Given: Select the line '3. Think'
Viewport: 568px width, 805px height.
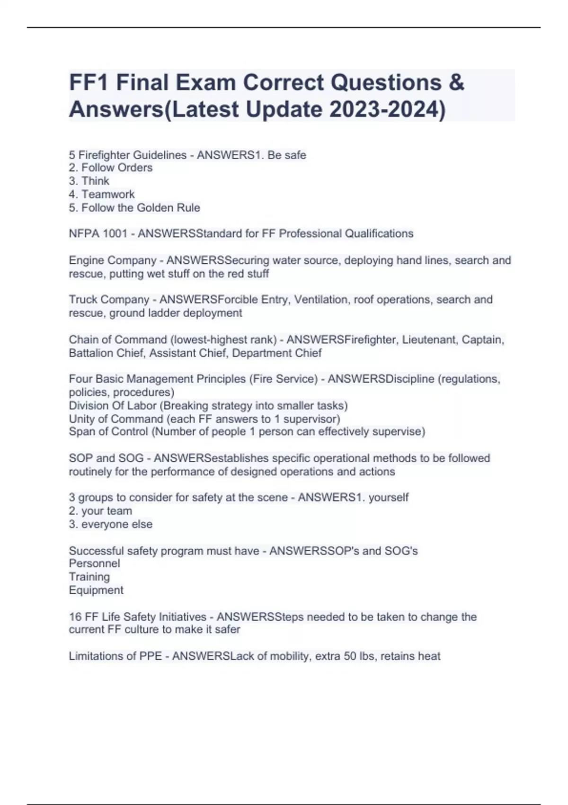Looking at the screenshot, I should click(x=89, y=181).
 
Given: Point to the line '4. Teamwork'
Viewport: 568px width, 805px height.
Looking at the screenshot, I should click(x=102, y=194).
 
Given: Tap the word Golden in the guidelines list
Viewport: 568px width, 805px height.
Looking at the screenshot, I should click(x=155, y=207).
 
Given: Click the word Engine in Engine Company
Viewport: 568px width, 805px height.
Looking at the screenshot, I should click(x=87, y=260).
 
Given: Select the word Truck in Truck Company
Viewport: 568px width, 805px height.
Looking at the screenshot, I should click(x=83, y=299).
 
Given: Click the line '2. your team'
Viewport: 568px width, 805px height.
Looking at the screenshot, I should click(x=100, y=510).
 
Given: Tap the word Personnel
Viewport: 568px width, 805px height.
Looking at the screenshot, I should click(x=94, y=563).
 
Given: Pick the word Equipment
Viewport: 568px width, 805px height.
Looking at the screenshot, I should click(x=96, y=590).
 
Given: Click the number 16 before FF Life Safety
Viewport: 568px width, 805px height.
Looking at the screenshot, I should click(x=75, y=617).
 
